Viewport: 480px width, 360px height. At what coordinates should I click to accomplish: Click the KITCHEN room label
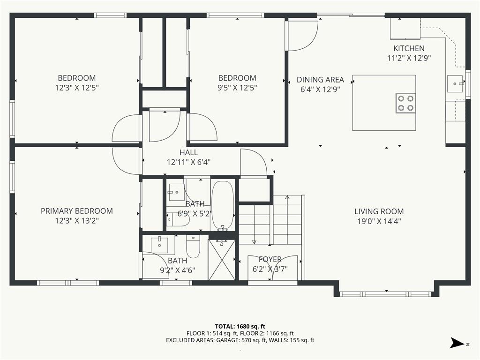pos(409,48)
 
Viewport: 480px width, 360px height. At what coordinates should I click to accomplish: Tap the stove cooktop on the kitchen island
pos(405,103)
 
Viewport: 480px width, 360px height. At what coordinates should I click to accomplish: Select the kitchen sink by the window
pos(455,84)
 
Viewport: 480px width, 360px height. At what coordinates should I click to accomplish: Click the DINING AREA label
pos(320,80)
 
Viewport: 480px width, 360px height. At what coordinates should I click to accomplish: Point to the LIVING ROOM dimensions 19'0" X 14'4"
pos(379,221)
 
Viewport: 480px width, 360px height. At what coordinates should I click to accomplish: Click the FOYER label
pos(270,259)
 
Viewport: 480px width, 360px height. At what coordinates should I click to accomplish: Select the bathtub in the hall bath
pos(223,205)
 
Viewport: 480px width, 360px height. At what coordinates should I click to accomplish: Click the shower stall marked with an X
pos(222,260)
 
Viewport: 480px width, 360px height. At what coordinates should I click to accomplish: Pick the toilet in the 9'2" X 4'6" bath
pos(193,246)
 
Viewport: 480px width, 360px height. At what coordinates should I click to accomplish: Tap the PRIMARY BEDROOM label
pos(76,211)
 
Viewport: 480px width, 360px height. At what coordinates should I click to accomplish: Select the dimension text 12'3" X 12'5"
pos(76,88)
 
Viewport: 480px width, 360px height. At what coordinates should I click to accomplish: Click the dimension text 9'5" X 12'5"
pos(237,88)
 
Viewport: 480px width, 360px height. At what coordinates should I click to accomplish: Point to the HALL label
pos(188,152)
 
